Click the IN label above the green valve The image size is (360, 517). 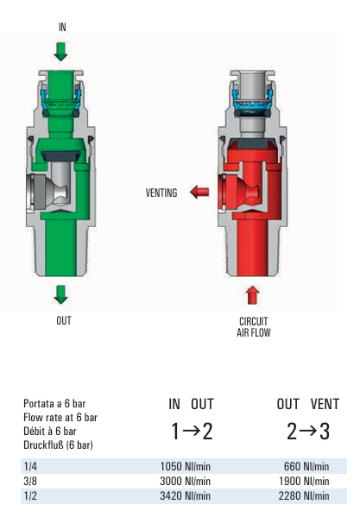[62, 27]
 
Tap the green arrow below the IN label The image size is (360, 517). [60, 52]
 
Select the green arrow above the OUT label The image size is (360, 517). [60, 294]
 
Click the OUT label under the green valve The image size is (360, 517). [64, 320]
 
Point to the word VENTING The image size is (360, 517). [161, 192]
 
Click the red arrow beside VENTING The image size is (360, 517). [199, 192]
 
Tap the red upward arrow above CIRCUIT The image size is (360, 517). [252, 295]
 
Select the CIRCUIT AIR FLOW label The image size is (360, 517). [254, 327]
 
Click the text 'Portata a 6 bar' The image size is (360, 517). [54, 403]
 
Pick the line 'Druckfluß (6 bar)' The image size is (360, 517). [58, 445]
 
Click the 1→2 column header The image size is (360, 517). [192, 432]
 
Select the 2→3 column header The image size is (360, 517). [308, 432]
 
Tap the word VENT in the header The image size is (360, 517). [325, 404]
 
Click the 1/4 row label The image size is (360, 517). [30, 466]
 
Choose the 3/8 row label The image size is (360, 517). [30, 481]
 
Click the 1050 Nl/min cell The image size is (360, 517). [186, 466]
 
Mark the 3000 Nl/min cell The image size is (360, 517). [186, 481]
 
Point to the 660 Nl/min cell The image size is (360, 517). [306, 466]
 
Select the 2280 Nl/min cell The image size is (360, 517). [304, 495]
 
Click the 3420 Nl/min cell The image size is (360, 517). [186, 495]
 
